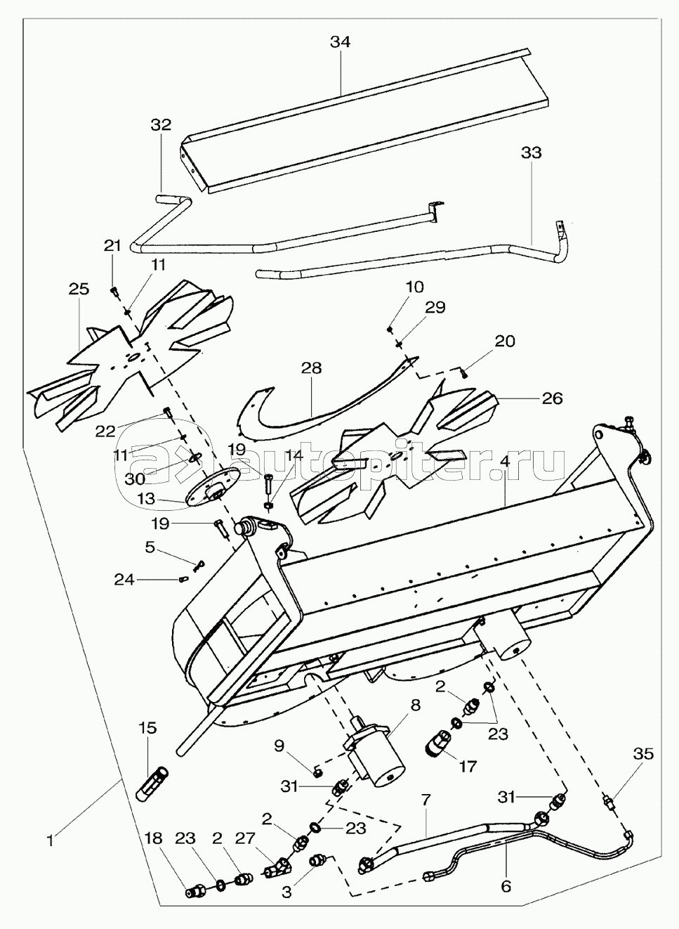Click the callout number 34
[340, 42]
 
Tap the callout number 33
[532, 152]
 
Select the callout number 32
[161, 125]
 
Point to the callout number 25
[79, 289]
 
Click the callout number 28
[311, 368]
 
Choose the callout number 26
[552, 398]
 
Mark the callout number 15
[147, 727]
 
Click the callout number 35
[643, 754]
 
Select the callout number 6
[506, 887]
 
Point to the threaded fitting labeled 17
[440, 744]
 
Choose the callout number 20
[504, 342]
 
